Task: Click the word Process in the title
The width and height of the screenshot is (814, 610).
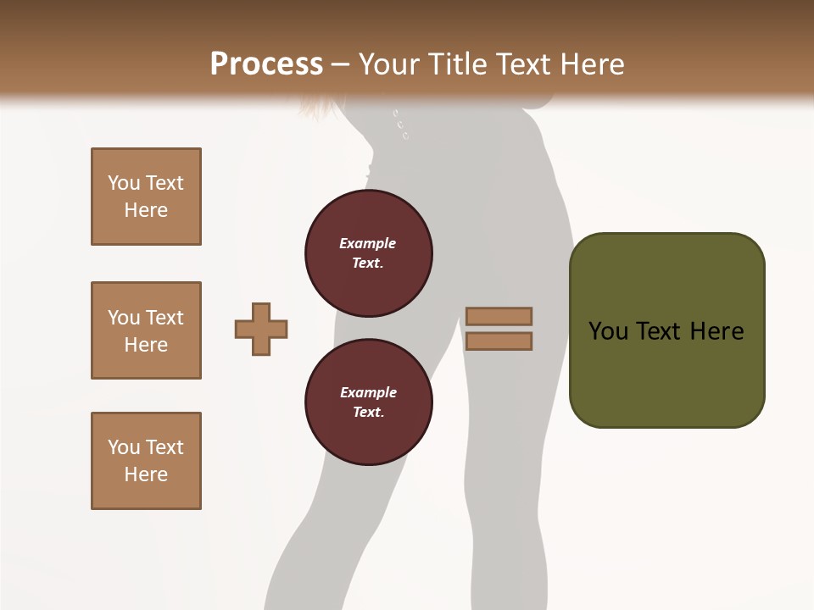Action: (266, 64)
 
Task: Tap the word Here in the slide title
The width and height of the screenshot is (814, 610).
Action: (588, 64)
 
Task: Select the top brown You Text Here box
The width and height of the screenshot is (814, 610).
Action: (146, 197)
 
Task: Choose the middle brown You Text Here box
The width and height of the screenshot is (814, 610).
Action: (146, 330)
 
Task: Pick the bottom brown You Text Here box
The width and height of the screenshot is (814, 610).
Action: (146, 461)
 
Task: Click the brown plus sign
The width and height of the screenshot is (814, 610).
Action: (261, 329)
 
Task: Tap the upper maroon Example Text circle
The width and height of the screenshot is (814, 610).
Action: (368, 253)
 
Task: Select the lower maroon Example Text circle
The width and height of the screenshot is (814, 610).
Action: (368, 402)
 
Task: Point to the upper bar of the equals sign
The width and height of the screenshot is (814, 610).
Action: (499, 316)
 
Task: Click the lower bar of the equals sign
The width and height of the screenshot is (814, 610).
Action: (499, 341)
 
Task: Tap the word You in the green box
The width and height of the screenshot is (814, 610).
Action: (607, 331)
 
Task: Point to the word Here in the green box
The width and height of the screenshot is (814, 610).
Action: (716, 331)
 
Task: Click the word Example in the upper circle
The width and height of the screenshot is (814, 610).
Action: (367, 243)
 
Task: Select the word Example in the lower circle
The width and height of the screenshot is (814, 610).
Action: (368, 392)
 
